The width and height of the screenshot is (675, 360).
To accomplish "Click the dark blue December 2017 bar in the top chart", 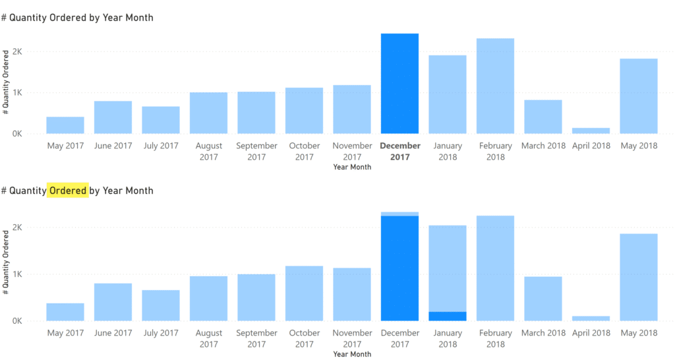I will [x=399, y=84].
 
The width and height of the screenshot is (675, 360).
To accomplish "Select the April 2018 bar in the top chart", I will [x=591, y=131].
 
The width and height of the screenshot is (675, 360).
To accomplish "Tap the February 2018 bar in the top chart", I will [x=495, y=86].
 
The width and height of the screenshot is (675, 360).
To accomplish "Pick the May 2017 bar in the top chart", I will [x=65, y=125].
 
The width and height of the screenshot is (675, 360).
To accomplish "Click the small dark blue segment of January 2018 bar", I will [x=448, y=316].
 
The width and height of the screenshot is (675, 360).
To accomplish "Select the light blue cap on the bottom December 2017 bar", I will [x=399, y=214].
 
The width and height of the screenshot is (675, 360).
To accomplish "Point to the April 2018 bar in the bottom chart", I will [x=591, y=318].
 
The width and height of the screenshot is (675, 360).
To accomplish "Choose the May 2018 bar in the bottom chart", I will [x=638, y=277].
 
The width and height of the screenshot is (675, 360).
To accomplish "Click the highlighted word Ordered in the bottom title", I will [x=68, y=191].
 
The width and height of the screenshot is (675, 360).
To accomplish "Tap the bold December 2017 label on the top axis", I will [x=400, y=151].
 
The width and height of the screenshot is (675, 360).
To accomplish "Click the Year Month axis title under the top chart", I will [x=352, y=167].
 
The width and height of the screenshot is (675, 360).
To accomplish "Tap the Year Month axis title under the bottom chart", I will [x=352, y=355].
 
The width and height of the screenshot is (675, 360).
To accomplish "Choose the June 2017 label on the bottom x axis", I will [x=113, y=333].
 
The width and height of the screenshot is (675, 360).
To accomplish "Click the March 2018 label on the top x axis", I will [x=543, y=146].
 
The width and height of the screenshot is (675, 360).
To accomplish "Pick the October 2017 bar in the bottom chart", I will [x=304, y=293].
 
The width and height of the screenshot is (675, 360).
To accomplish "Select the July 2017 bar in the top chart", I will [x=161, y=120].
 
